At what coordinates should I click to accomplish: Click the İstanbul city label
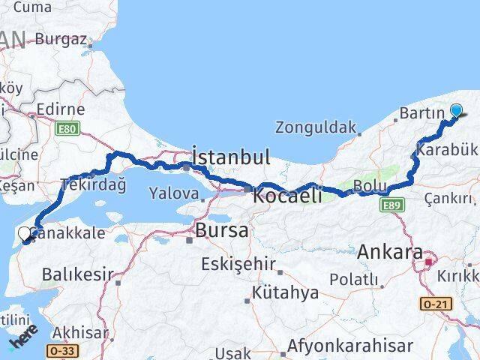(230, 157)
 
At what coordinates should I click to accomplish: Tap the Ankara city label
(390, 253)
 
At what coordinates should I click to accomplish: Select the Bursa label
(221, 231)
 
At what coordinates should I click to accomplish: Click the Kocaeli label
(287, 196)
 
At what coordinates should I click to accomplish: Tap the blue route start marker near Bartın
(456, 112)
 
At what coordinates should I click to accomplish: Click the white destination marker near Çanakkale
(27, 235)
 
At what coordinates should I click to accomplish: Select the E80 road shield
(67, 129)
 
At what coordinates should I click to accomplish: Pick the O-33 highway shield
(58, 350)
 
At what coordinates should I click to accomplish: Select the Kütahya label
(286, 292)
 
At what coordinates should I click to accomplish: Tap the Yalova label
(174, 193)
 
